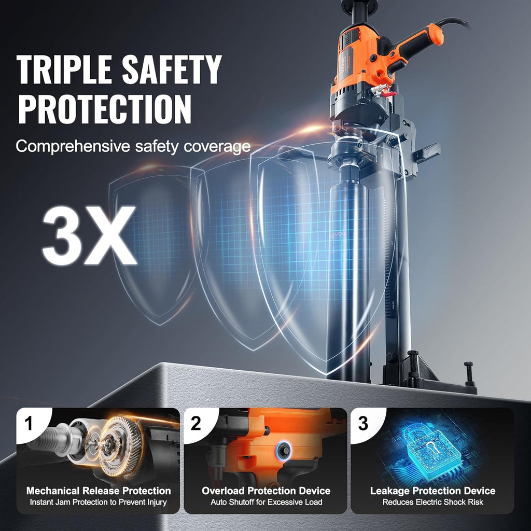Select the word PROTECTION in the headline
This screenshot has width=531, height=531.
tap(105, 109)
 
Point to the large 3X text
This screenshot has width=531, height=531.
tap(89, 235)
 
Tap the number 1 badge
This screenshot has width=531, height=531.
tap(29, 423)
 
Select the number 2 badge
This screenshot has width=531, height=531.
tap(195, 423)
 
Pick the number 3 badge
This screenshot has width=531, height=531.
tap(362, 423)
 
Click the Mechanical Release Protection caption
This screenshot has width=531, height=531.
tap(99, 491)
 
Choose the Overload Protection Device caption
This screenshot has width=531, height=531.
tap(266, 491)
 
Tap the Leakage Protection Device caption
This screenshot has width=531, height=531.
tap(433, 491)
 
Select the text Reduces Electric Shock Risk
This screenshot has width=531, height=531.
tap(433, 502)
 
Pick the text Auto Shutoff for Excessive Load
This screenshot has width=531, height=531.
tap(266, 502)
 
